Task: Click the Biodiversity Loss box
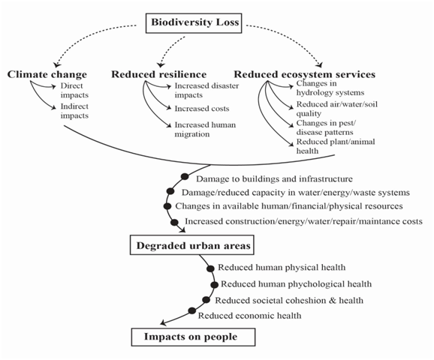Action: click(194, 23)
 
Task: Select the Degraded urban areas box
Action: click(192, 245)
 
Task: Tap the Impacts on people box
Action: click(193, 337)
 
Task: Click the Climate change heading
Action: click(47, 74)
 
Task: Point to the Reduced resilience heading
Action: click(159, 74)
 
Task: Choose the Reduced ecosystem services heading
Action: click(304, 74)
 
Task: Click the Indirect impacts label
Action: click(74, 111)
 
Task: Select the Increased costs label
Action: click(202, 109)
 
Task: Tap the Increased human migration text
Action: click(205, 130)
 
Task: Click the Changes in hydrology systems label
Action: click(330, 88)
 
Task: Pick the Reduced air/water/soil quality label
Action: click(337, 109)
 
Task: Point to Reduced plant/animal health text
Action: click(336, 146)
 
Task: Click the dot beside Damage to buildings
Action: click(185, 176)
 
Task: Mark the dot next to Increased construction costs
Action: click(174, 222)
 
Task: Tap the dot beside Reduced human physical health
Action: click(210, 268)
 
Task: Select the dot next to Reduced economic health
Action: click(192, 310)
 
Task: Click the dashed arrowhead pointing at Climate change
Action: click(57, 64)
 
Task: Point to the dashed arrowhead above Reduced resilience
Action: click(160, 64)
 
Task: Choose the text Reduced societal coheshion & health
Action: click(289, 300)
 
